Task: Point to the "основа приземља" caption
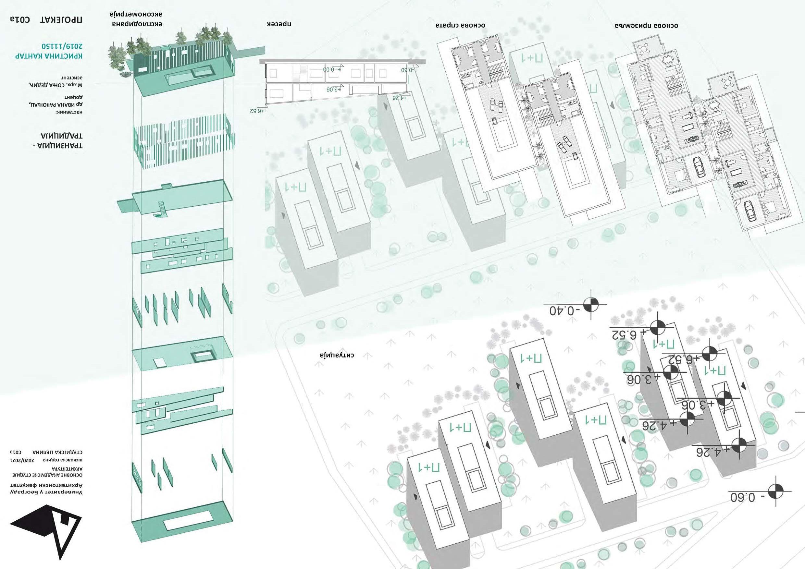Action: point(646,26)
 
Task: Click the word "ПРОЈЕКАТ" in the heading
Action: point(61,19)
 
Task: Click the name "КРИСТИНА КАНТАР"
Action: point(49,56)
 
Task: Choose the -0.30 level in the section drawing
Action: point(408,70)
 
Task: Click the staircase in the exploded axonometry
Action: point(161,209)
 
